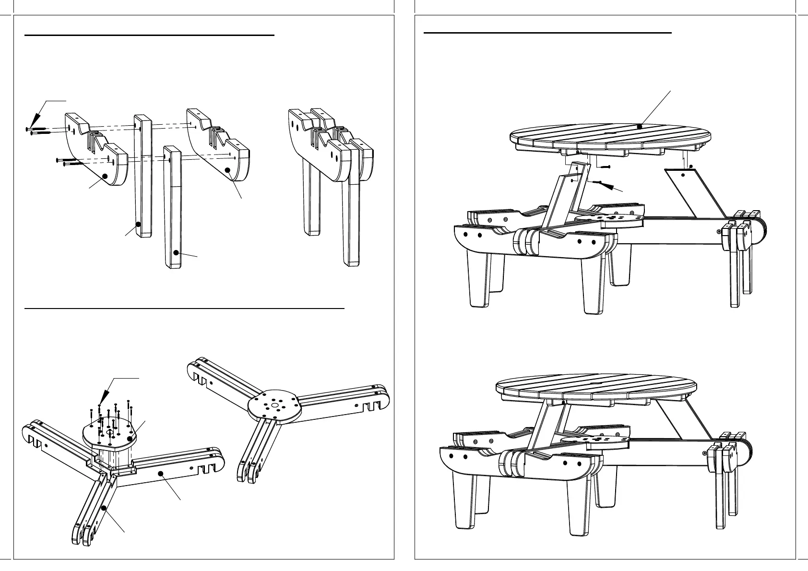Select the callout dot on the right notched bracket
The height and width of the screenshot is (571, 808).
pos(228,170)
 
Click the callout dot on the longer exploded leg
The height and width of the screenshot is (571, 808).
pos(138,224)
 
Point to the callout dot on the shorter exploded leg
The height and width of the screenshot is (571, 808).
pos(176,252)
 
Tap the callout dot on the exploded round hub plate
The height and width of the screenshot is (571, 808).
pos(130,439)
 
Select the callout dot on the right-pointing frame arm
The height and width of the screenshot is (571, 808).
pos(161,473)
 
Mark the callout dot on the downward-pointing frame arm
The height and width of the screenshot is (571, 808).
pos(103,508)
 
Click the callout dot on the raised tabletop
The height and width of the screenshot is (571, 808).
pos(640,126)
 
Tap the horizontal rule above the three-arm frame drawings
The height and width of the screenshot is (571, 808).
pos(184,309)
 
